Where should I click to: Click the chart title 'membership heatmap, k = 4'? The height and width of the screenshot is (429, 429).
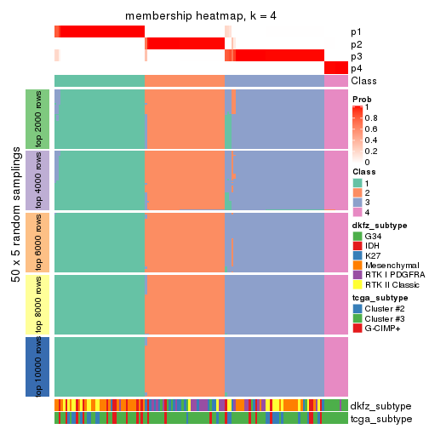pyautogui.click(x=201, y=16)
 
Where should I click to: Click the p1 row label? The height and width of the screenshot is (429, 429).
pyautogui.click(x=356, y=32)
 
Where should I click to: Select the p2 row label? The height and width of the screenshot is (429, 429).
pyautogui.click(x=356, y=44)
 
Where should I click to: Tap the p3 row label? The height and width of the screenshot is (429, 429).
pyautogui.click(x=356, y=56)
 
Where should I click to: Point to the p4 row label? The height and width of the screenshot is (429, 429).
pyautogui.click(x=356, y=68)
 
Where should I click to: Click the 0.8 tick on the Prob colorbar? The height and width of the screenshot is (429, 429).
pyautogui.click(x=371, y=118)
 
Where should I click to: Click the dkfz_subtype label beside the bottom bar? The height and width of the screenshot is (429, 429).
pyautogui.click(x=380, y=406)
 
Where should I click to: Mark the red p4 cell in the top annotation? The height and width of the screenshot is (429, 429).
pyautogui.click(x=335, y=68)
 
